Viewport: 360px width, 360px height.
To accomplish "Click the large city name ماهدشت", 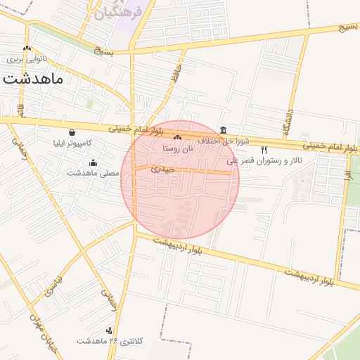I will click(x=33, y=78).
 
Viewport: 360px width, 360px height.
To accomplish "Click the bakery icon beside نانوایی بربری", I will click(x=27, y=49).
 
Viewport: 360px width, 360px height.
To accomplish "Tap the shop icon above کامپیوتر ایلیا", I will click(x=72, y=132).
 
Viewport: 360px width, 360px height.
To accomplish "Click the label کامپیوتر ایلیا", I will click(x=72, y=143).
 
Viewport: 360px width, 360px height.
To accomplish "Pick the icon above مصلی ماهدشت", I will click(x=94, y=163).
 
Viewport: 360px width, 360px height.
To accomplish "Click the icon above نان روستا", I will click(x=177, y=139).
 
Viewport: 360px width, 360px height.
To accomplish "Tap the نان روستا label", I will click(x=176, y=148).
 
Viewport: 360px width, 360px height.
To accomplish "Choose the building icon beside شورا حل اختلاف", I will click(x=223, y=131).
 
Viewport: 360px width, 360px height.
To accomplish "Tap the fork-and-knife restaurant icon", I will click(x=264, y=150).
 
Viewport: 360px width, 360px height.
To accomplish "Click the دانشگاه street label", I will click(x=288, y=121).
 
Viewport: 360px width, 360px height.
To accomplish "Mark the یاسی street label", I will click(x=56, y=285).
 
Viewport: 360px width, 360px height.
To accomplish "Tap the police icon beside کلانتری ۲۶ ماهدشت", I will click(x=109, y=330).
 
